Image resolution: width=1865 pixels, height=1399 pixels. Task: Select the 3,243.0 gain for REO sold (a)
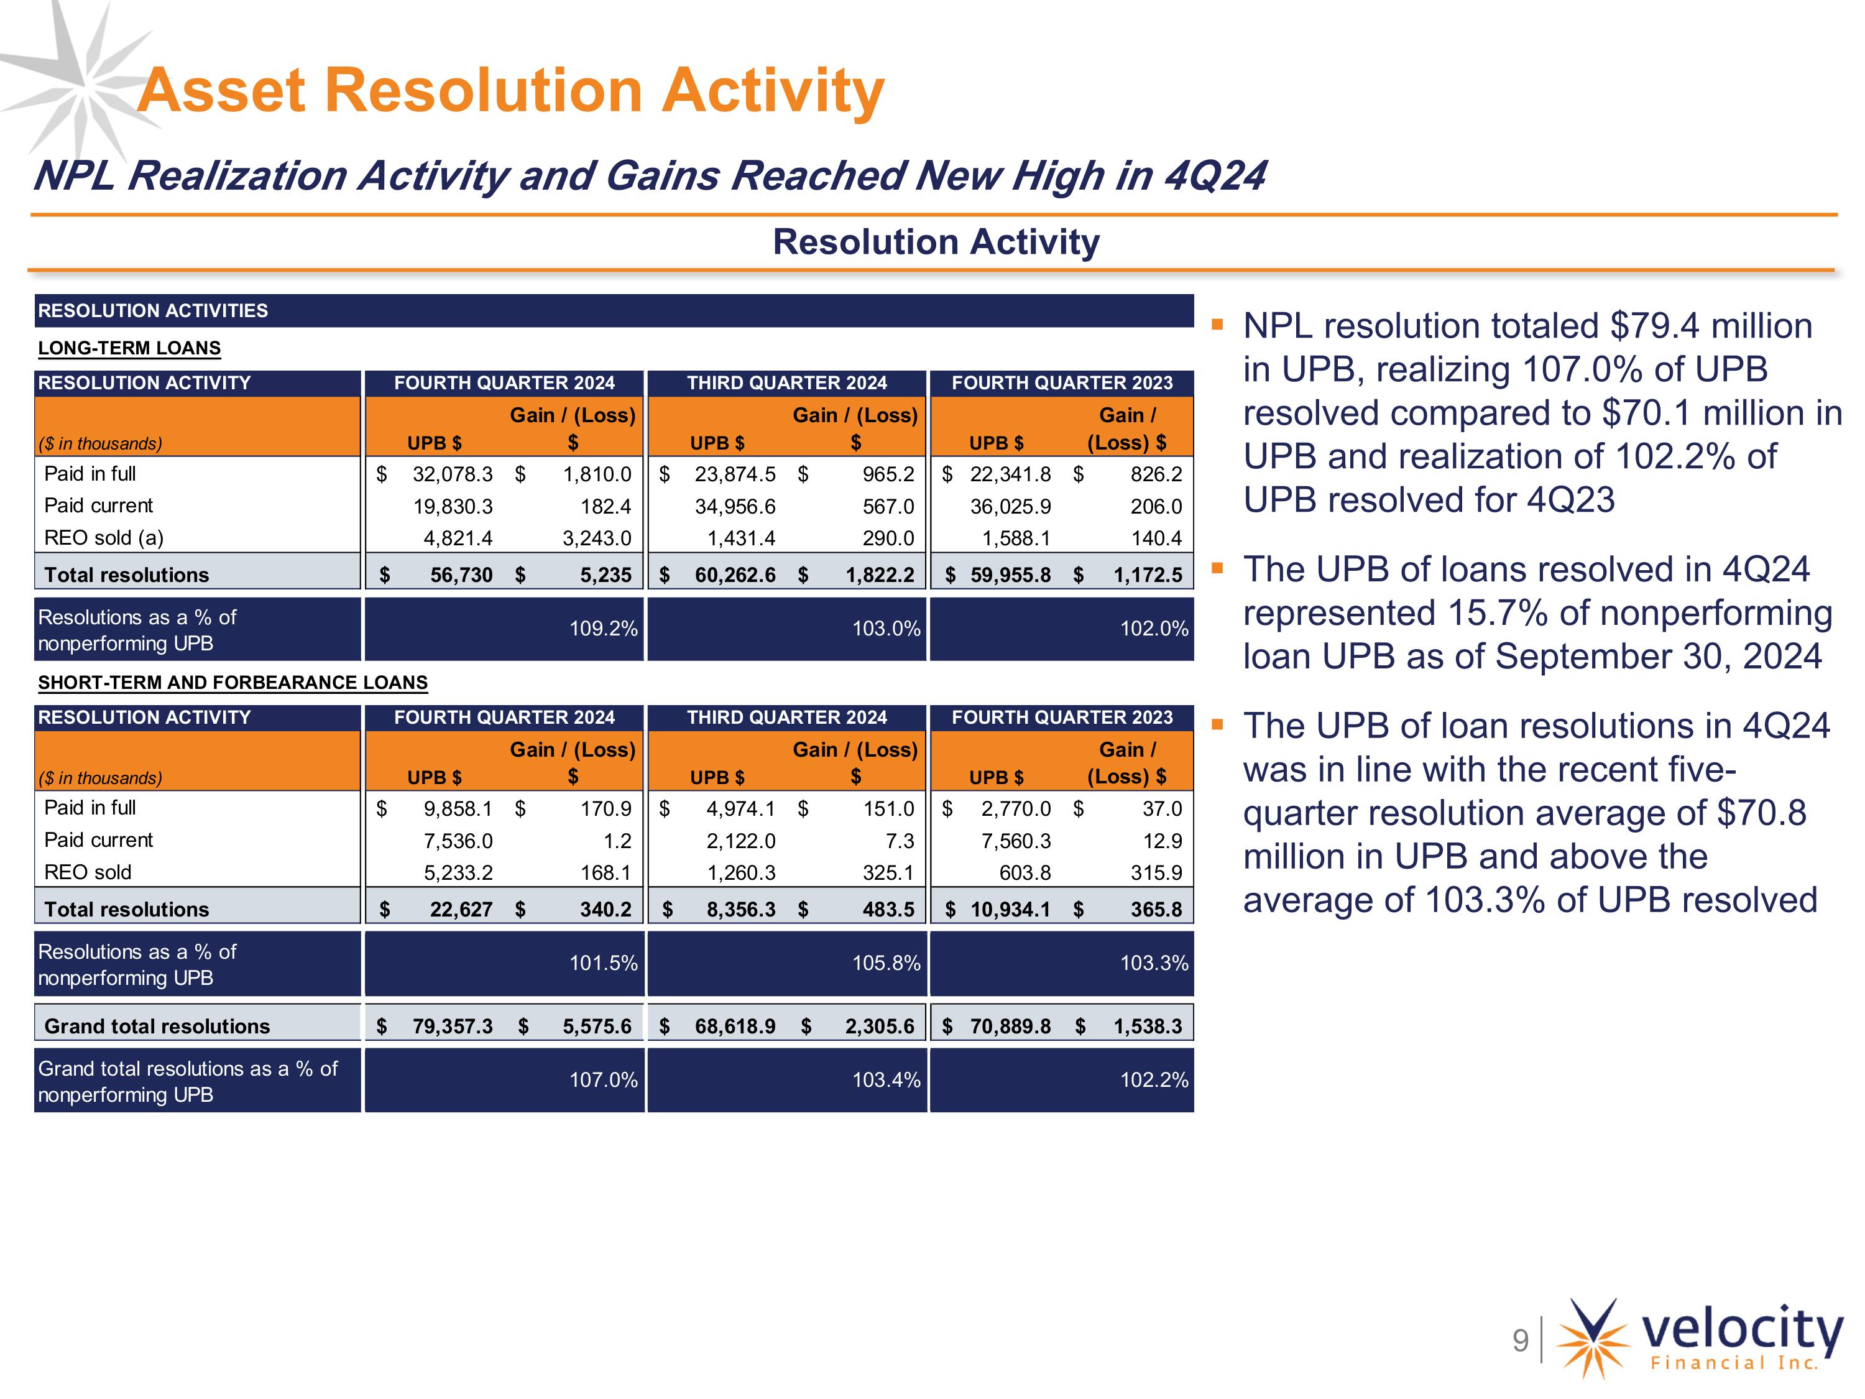pos(596,538)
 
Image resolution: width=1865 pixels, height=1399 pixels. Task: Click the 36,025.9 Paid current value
pos(1010,506)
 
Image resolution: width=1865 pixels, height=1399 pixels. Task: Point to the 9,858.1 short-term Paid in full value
pos(458,809)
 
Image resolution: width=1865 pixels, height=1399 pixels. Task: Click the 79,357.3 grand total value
pos(452,1027)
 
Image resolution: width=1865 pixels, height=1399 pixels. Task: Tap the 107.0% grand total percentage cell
pos(603,1080)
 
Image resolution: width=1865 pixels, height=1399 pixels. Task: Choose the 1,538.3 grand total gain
pos(1148,1027)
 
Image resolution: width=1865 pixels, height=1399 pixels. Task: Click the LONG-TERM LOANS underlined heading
pos(129,348)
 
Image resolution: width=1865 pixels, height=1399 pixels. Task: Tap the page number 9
pos(1520,1340)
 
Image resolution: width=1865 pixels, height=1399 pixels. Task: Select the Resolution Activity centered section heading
pos(936,242)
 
